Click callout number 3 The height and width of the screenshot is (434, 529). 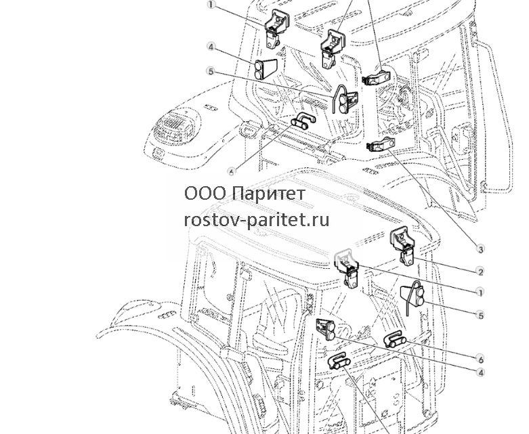480,249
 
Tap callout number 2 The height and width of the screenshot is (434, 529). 480,271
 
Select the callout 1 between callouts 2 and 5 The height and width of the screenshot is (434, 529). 480,292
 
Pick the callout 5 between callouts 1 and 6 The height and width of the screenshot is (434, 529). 480,316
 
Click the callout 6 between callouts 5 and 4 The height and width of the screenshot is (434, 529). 480,357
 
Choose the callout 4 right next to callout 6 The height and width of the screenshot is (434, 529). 480,372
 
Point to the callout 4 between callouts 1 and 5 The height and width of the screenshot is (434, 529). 211,47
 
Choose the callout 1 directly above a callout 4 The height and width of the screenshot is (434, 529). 211,5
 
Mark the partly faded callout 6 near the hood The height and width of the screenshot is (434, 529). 232,172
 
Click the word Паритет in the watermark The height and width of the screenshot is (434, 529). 269,194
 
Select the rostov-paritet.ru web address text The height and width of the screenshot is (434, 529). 257,220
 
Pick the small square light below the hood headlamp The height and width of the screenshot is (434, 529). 157,154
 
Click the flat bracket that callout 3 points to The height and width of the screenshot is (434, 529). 381,144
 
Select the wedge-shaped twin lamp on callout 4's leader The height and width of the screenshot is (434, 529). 326,330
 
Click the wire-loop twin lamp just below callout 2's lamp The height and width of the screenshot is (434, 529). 412,297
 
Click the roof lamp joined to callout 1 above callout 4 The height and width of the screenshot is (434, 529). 276,28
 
